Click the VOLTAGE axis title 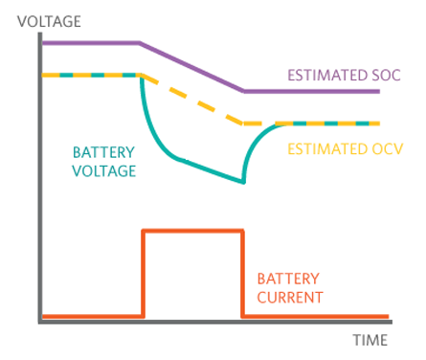[x=49, y=22]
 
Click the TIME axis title [x=370, y=340]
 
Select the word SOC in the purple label [x=386, y=76]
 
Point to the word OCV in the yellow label [x=389, y=149]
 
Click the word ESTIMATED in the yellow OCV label [x=328, y=149]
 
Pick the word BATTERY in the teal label [x=103, y=152]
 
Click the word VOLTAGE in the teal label [x=104, y=171]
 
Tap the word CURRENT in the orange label [x=290, y=298]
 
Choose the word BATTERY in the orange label [x=288, y=279]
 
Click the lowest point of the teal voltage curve [x=243, y=183]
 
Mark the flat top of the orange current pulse [x=193, y=231]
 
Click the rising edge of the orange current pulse [x=144, y=274]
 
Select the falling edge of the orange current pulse [x=243, y=274]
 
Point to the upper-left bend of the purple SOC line [x=140, y=43]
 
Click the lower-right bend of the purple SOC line [x=244, y=91]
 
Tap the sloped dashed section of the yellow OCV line [x=192, y=100]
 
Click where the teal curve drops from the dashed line [x=141, y=77]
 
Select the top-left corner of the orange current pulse [x=144, y=231]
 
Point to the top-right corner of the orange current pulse [x=243, y=231]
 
